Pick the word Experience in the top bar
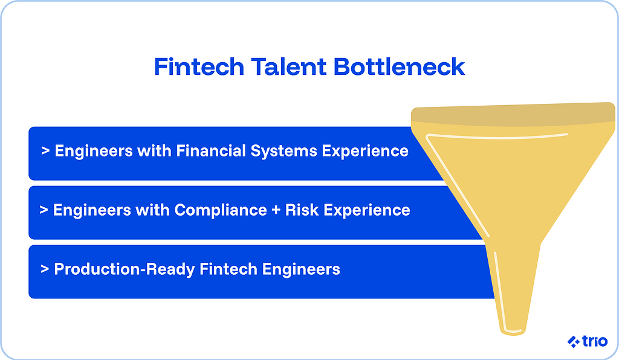(365, 151)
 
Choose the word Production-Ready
(118, 269)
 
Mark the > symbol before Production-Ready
(45, 269)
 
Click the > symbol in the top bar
(45, 150)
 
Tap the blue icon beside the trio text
(573, 342)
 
